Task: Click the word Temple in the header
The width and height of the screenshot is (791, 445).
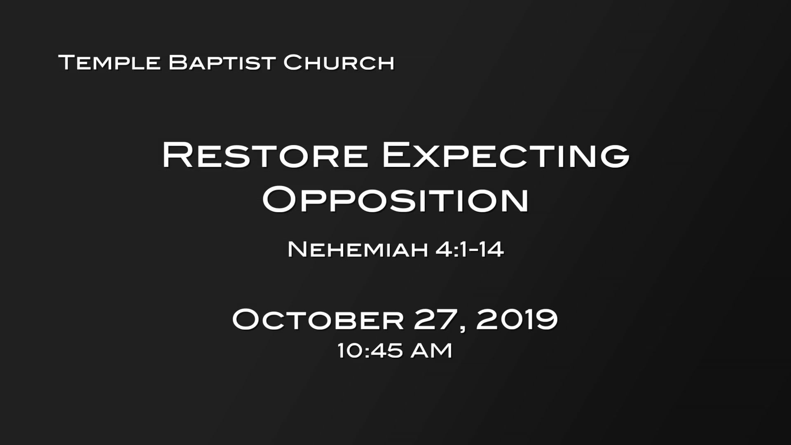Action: [110, 63]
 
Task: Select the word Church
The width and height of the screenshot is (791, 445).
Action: [339, 63]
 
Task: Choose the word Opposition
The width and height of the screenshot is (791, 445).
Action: [395, 200]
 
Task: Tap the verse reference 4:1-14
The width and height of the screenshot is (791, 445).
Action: [470, 249]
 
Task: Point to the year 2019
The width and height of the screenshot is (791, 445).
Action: [517, 319]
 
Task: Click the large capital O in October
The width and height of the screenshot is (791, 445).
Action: [247, 319]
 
